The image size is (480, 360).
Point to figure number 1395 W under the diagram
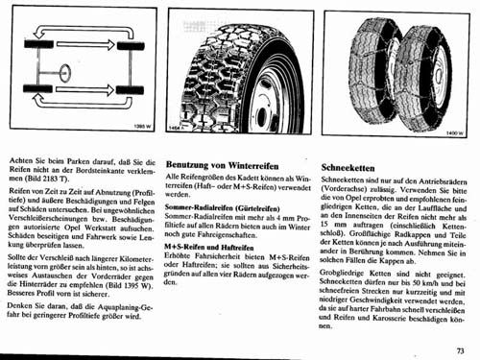tap(141, 125)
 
